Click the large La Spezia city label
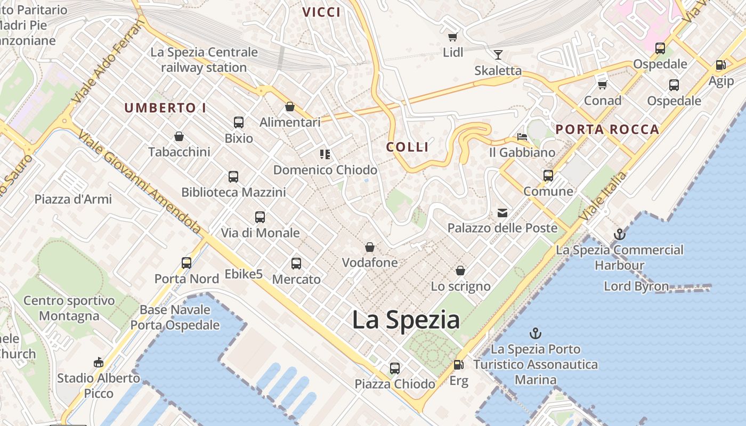(406, 319)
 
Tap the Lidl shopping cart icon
(452, 37)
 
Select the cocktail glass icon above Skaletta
(498, 54)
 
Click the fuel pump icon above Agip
(720, 65)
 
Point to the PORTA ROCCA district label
(607, 129)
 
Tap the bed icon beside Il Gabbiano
(522, 137)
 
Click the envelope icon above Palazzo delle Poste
(502, 213)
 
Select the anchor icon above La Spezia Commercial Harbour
(619, 234)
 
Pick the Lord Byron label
(636, 286)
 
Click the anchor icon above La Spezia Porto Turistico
(535, 333)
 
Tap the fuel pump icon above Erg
(458, 365)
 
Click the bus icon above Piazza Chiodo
(394, 368)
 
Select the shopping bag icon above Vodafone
(369, 247)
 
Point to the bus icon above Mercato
(296, 263)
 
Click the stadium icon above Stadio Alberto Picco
(98, 363)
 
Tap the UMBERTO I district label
(165, 108)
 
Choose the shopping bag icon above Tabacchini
(179, 136)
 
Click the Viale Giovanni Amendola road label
(140, 181)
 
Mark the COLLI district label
(408, 147)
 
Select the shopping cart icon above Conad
(603, 85)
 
